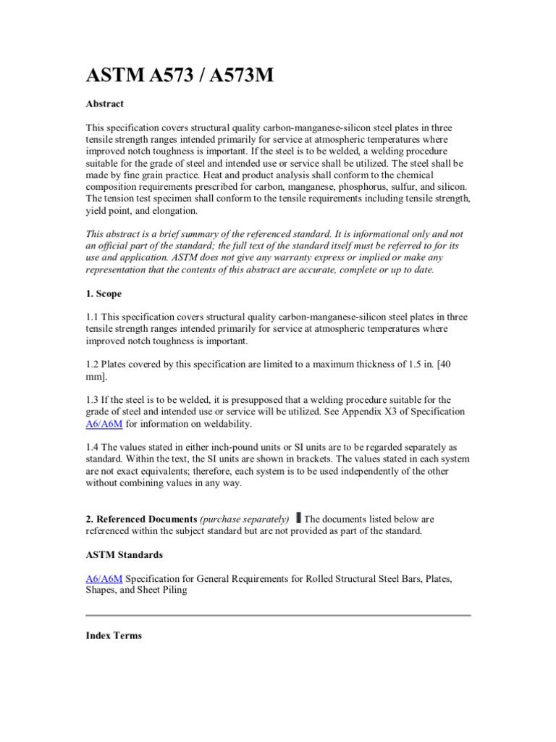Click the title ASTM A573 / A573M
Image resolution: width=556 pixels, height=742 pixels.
point(180,75)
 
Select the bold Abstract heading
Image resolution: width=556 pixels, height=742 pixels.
point(104,104)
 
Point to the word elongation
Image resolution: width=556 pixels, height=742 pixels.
point(171,211)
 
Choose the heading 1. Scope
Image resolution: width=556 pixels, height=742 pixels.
point(104,294)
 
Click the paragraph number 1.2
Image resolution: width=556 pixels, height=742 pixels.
point(93,365)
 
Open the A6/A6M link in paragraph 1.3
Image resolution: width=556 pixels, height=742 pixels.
point(104,424)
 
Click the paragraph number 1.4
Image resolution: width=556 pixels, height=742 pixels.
point(93,447)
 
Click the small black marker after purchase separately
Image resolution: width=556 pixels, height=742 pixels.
point(299,518)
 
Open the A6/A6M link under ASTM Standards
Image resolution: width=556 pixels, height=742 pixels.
point(104,578)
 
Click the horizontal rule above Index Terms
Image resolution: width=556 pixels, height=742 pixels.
point(278,615)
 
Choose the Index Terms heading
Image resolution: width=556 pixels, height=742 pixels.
point(114,635)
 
